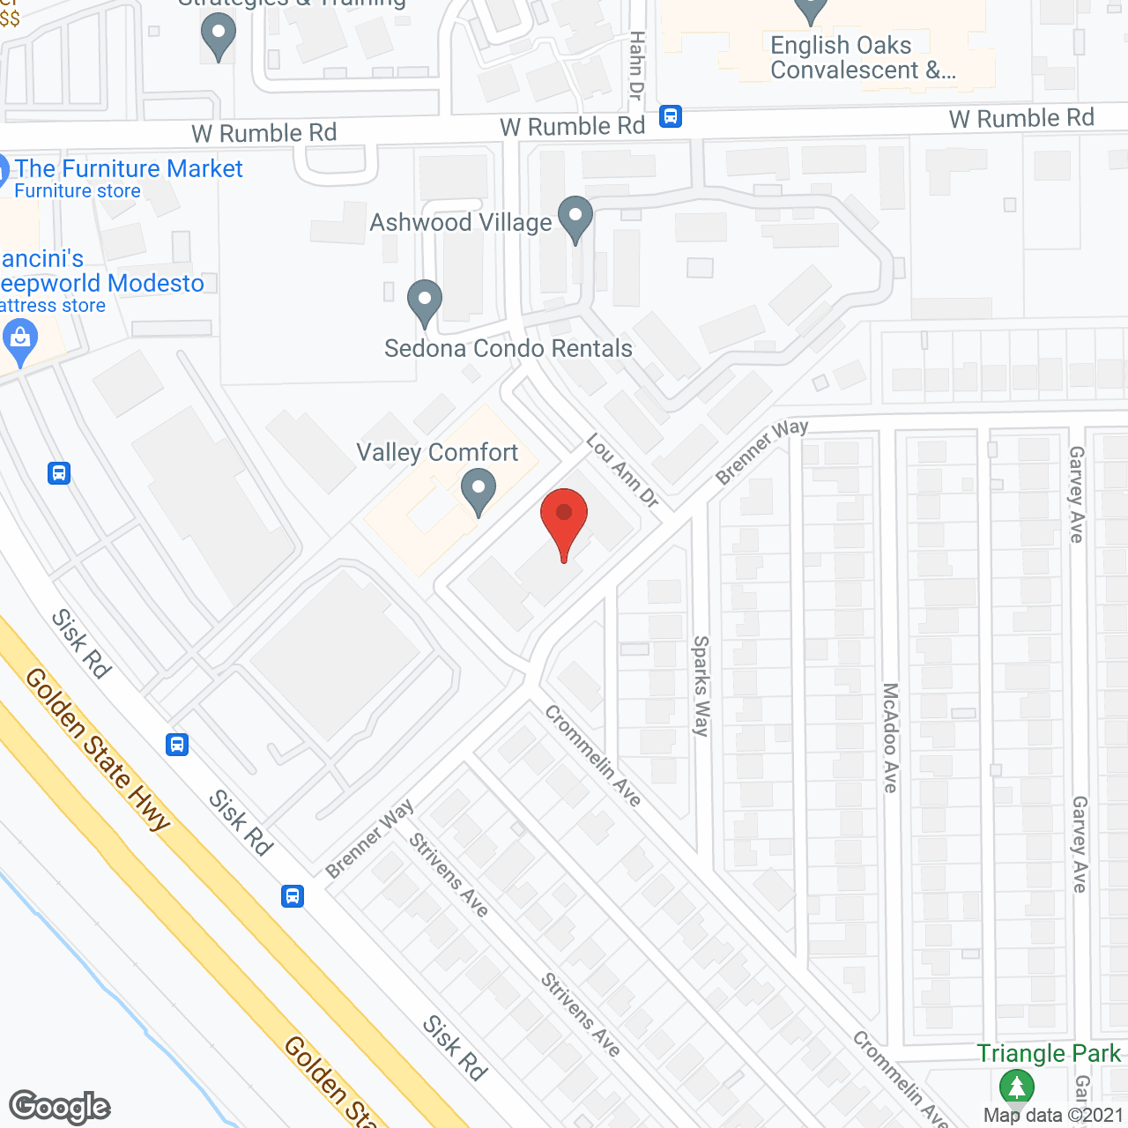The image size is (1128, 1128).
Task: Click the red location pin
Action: click(563, 520)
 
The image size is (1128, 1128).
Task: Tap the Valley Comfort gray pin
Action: click(479, 490)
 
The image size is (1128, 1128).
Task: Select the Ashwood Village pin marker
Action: click(575, 218)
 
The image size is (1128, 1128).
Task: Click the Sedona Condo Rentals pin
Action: click(425, 301)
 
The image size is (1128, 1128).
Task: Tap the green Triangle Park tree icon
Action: click(1016, 1087)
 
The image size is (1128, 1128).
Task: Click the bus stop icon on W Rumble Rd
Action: click(671, 116)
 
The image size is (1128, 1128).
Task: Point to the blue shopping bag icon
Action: click(19, 340)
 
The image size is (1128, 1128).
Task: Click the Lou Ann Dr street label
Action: click(623, 471)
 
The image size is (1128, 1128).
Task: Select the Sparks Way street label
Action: click(701, 686)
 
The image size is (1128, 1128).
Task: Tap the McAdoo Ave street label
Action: click(891, 738)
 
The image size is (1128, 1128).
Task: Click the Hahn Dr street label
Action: click(636, 66)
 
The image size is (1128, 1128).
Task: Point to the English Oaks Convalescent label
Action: click(862, 58)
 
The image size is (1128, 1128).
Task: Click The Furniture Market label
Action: click(128, 169)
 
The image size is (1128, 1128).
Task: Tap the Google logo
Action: click(60, 1107)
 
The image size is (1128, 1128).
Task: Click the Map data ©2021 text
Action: click(1053, 1115)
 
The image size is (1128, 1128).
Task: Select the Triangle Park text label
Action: click(1049, 1054)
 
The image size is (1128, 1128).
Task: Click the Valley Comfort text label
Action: click(437, 453)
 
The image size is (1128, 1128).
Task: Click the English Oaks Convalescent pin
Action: click(811, 9)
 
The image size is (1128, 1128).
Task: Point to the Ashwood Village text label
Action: click(460, 223)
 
